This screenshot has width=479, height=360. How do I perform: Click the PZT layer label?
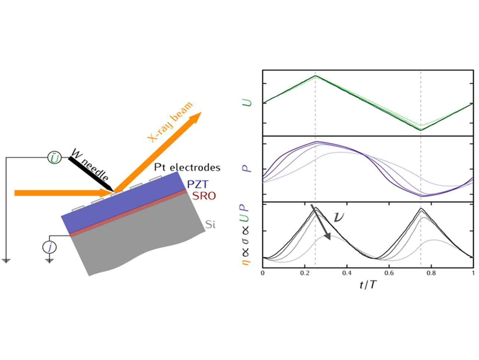point(198,184)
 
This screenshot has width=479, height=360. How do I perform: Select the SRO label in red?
point(204,196)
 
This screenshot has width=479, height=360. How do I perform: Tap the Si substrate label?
point(210,224)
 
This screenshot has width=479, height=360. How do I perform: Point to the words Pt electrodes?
point(187,168)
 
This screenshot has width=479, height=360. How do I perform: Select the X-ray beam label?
point(170,122)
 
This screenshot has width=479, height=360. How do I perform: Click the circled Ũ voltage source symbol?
point(55,158)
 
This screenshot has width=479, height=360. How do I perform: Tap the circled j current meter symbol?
point(49,247)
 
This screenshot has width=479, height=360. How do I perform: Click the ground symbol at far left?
point(6,260)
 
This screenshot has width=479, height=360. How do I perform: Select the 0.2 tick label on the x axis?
point(305,273)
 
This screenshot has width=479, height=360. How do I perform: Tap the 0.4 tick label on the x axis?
point(347,273)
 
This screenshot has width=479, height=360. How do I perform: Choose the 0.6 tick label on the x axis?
point(389,273)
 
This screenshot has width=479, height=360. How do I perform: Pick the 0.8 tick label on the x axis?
point(431,273)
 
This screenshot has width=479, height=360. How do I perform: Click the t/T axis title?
point(368,285)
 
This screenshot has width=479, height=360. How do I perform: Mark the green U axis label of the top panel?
point(247,102)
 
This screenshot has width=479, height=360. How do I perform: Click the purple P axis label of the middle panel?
point(247,168)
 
